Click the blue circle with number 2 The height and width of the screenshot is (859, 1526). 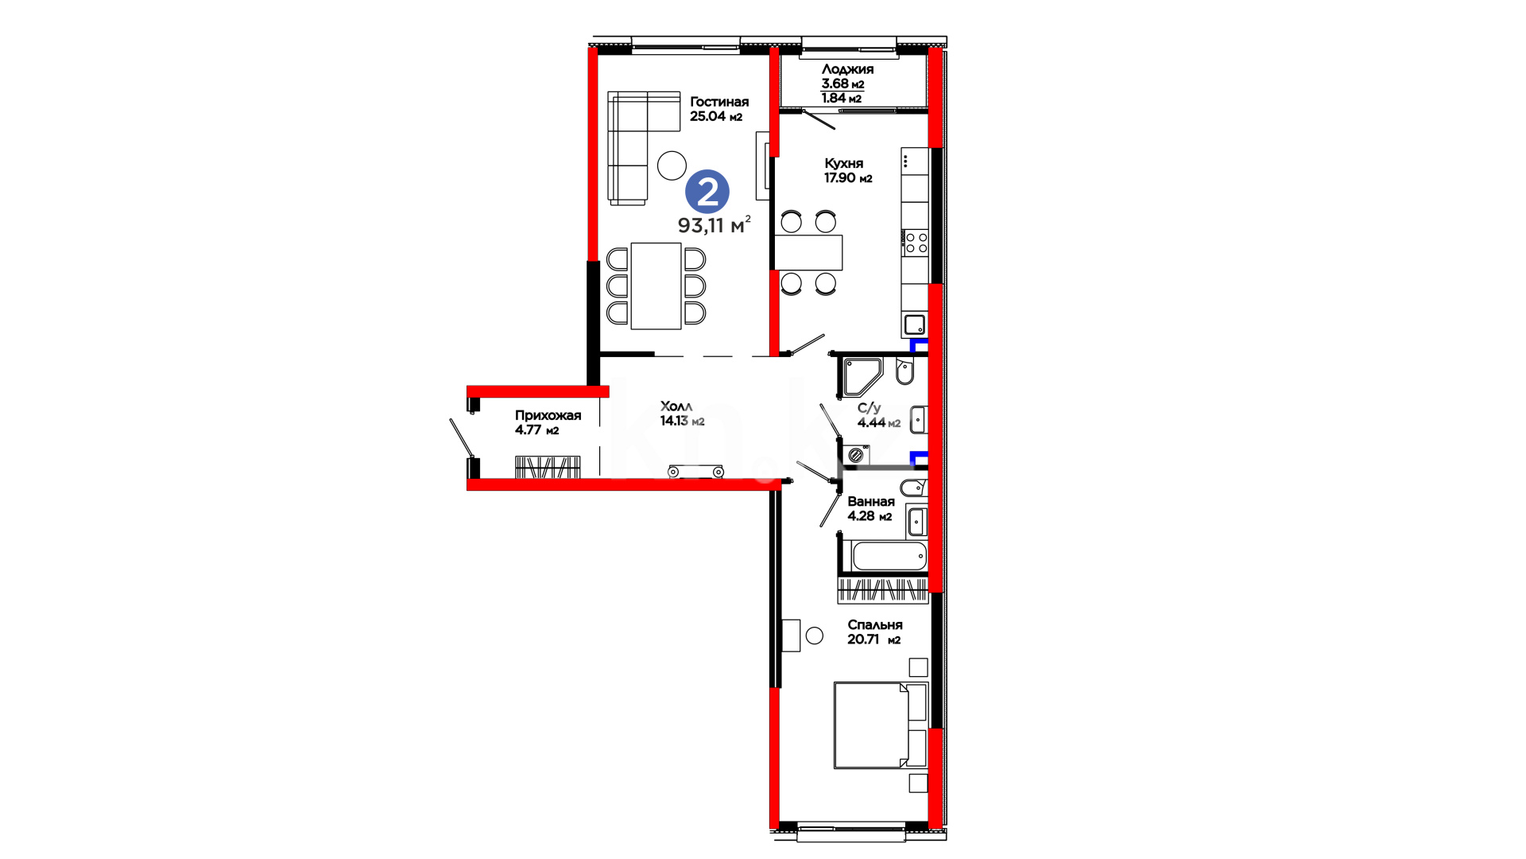point(707,192)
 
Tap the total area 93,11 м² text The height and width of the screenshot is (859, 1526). point(714,225)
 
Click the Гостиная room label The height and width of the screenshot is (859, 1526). point(718,102)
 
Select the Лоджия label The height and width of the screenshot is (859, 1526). point(847,69)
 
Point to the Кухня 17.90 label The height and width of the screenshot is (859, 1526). point(848,171)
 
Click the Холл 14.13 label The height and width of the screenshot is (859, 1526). point(682,414)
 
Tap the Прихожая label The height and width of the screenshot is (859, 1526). point(548,415)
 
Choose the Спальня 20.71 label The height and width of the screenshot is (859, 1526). point(874,632)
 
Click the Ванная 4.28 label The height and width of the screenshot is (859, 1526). point(870,509)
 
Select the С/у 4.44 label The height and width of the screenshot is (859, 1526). point(878,415)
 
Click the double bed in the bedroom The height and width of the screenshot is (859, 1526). point(880,725)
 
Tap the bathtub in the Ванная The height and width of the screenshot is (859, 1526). point(889,556)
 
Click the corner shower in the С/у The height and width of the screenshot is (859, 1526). point(861,377)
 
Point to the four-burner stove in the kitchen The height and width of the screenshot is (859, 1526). point(915,242)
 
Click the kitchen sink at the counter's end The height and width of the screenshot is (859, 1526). point(915,325)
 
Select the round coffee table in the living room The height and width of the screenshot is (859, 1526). point(672,165)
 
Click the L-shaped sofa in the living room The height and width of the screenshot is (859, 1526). point(636,143)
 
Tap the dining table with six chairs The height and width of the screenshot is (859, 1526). point(656,286)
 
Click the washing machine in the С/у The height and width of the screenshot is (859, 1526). point(856,456)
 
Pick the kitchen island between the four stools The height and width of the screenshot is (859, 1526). point(808,252)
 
